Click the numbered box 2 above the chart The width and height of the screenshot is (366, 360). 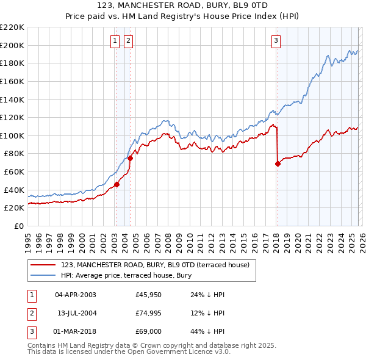129,41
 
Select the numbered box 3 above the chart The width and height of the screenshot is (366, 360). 276,41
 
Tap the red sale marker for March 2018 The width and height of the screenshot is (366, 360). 278,164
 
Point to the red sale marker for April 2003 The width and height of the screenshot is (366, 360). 117,185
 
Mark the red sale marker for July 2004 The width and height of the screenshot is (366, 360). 130,158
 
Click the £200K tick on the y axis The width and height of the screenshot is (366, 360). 12,45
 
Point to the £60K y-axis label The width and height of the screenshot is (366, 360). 14,172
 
